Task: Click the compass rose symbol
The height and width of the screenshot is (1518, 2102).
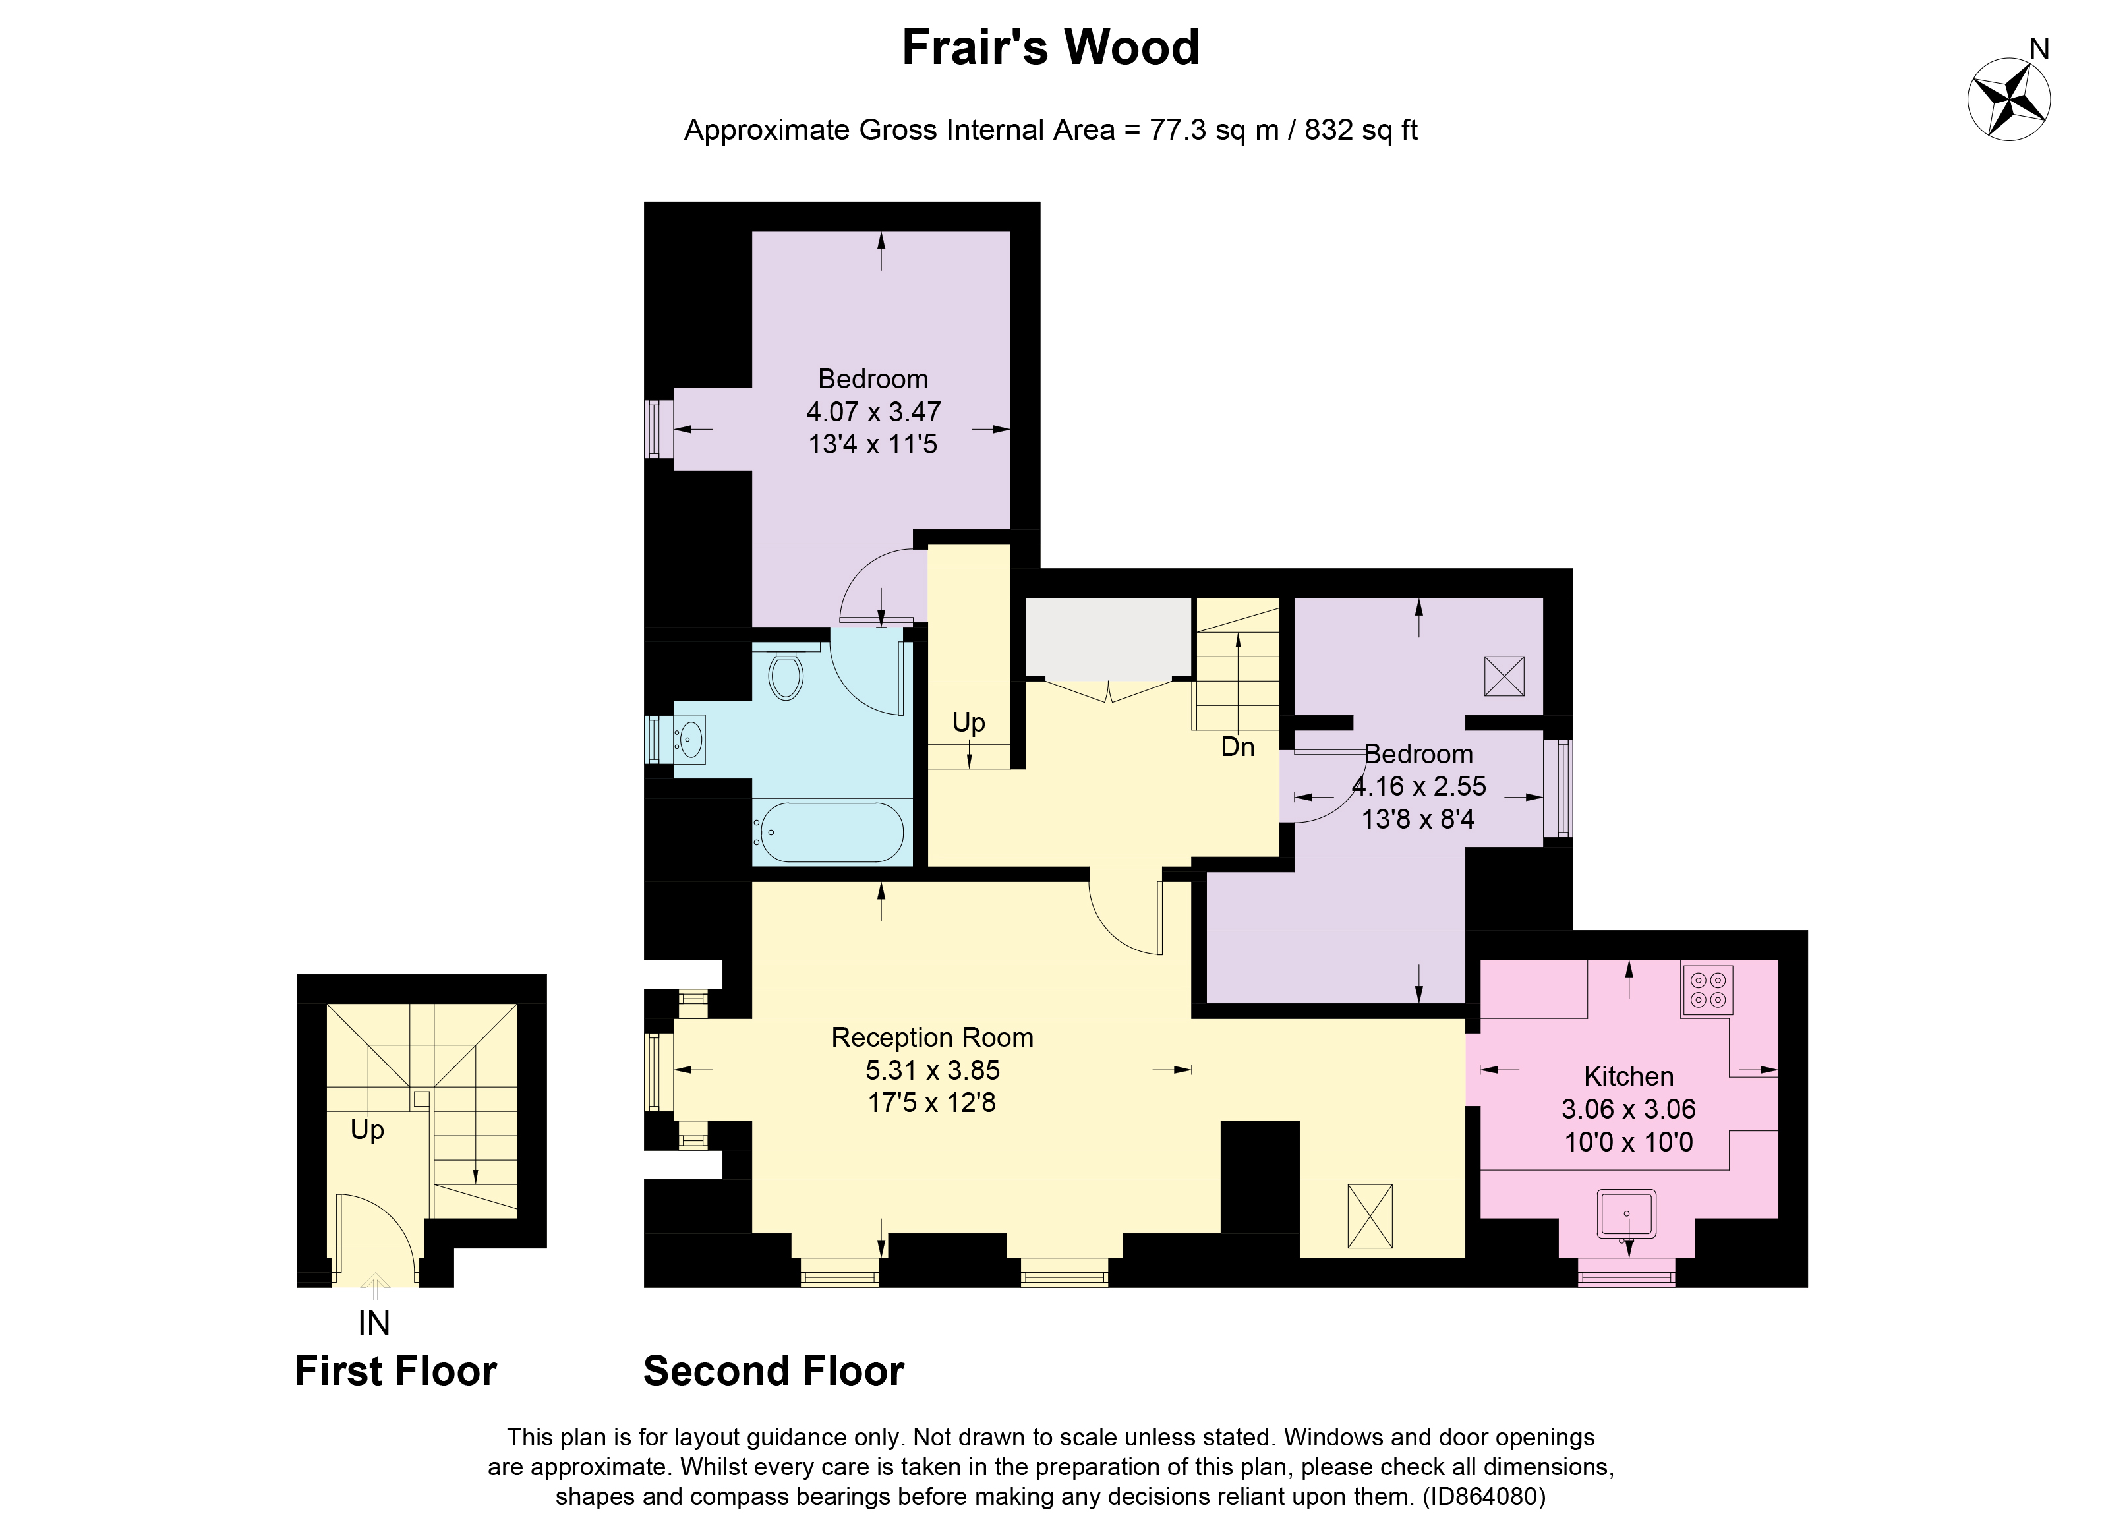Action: click(x=2008, y=99)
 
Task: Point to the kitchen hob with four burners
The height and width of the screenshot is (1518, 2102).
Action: click(x=1707, y=991)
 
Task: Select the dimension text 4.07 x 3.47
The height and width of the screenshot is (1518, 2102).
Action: click(x=873, y=411)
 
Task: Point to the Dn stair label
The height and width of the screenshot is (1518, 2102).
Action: click(x=1237, y=747)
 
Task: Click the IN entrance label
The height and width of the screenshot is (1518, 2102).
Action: click(x=374, y=1324)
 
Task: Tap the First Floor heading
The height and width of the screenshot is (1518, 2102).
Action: click(x=395, y=1370)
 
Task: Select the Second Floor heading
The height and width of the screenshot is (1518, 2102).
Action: click(x=773, y=1370)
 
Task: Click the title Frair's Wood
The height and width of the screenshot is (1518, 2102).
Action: click(x=1050, y=48)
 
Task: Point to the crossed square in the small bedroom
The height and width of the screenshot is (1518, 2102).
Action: click(x=1504, y=676)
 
